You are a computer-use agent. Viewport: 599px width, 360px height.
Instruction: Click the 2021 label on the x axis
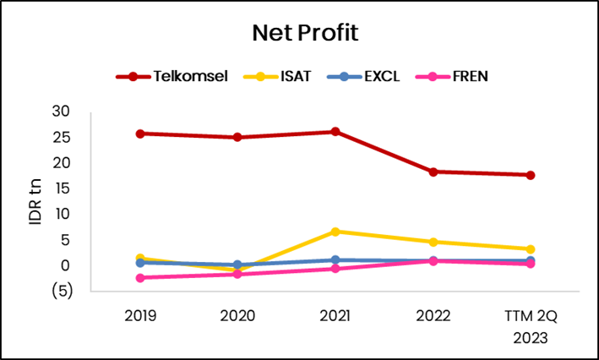[x=335, y=316]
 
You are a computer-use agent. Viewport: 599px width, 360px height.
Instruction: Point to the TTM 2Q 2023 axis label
[x=530, y=325]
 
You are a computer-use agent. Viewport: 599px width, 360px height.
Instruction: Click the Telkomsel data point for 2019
[x=139, y=134]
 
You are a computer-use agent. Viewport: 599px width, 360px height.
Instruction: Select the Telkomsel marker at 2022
[x=433, y=172]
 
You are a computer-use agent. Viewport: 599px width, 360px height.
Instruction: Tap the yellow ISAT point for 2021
[x=335, y=232]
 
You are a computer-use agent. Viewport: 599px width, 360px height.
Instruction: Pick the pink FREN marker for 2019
[x=139, y=278]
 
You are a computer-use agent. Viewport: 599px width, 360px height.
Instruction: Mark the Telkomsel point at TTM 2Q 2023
[x=531, y=175]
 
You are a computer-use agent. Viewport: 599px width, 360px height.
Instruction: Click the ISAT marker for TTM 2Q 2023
[x=531, y=249]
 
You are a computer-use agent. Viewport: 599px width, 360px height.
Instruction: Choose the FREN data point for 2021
[x=335, y=269]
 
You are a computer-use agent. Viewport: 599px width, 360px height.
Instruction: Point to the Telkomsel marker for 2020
[x=237, y=137]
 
